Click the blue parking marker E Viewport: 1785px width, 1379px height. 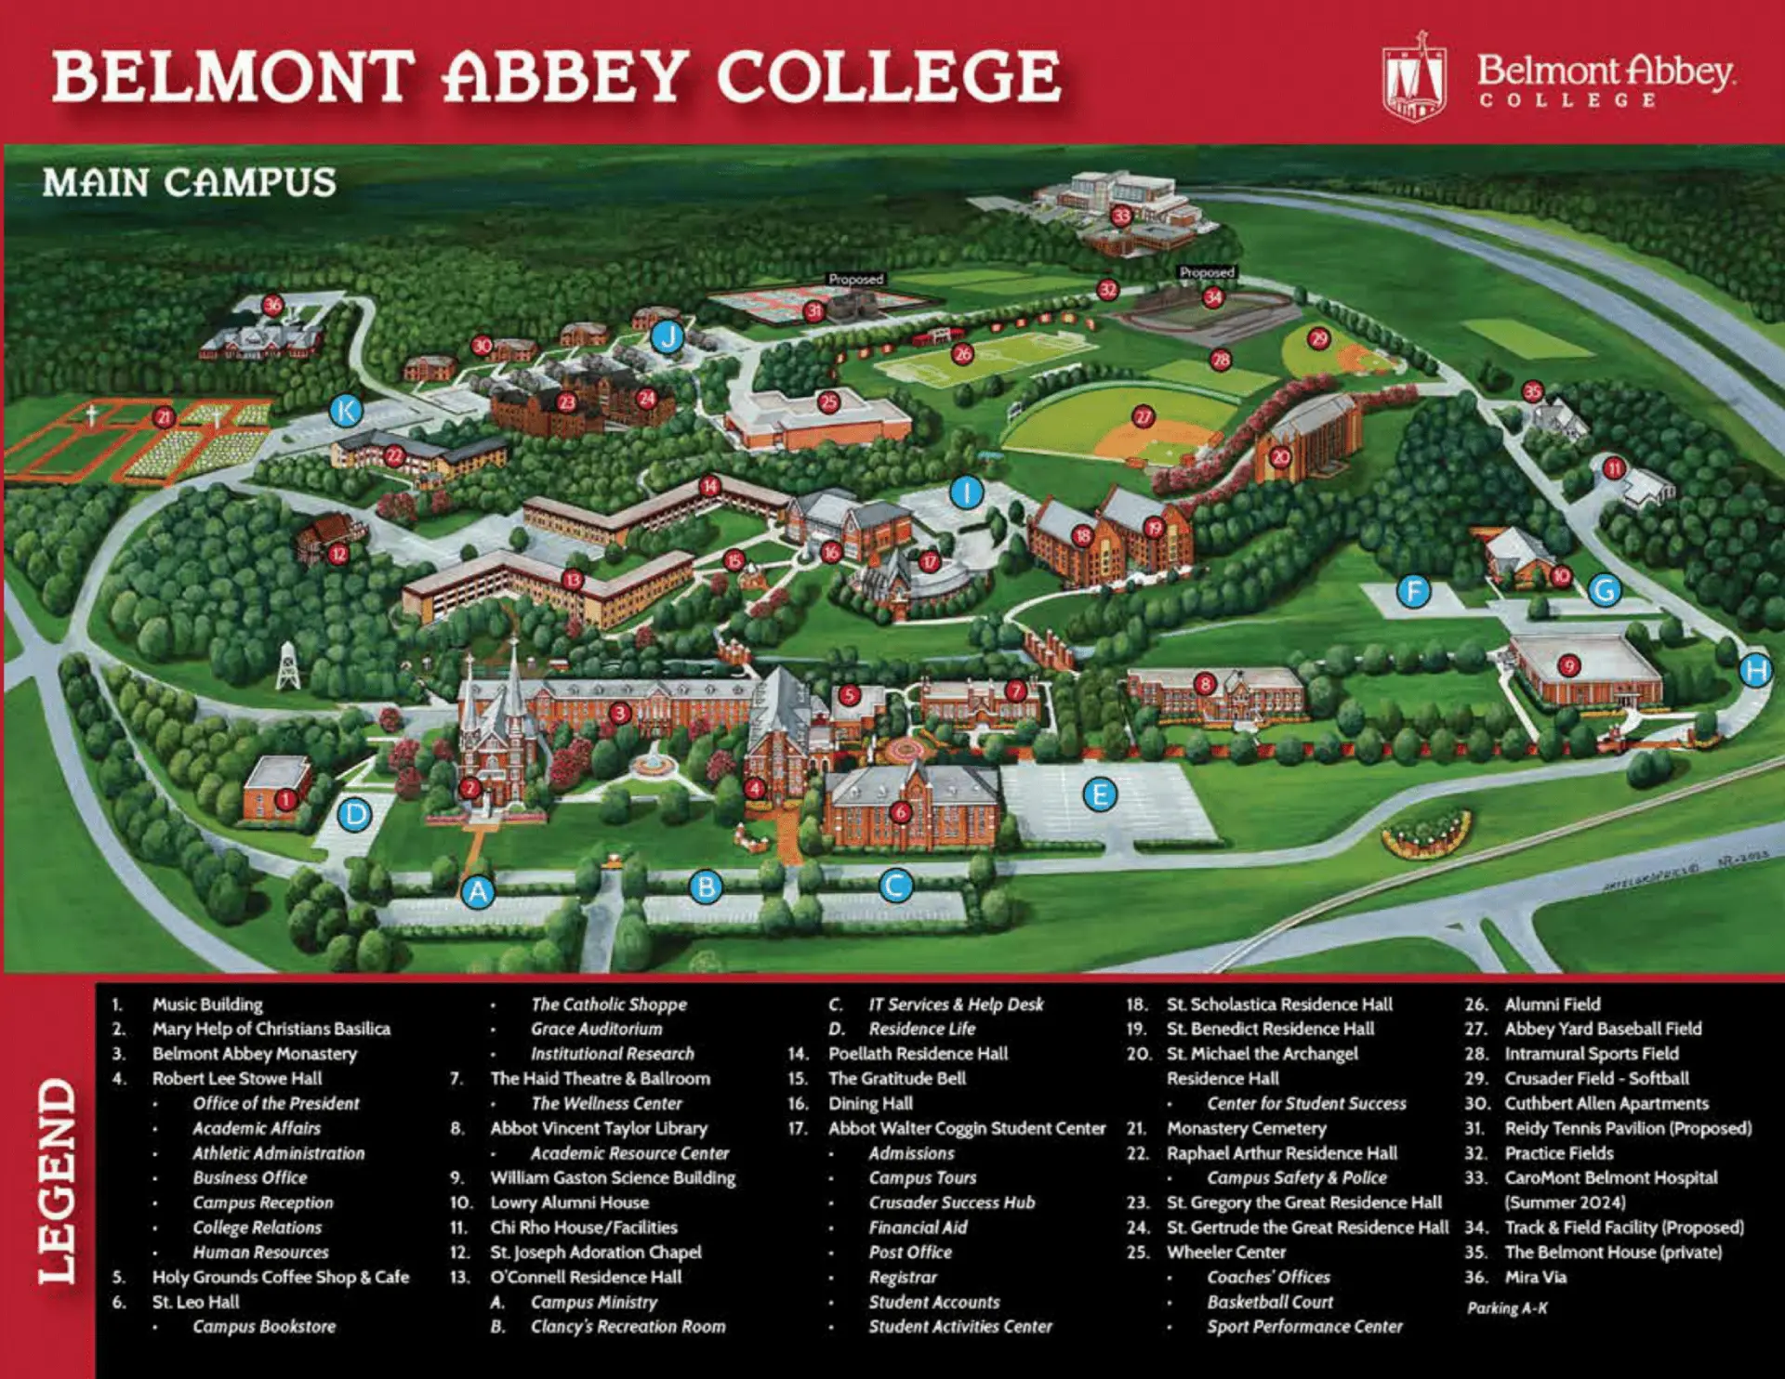1100,795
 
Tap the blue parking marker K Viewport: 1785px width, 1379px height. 346,410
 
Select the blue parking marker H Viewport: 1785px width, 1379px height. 1755,670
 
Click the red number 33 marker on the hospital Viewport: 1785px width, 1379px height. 1121,217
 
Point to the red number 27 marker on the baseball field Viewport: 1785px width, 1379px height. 1143,417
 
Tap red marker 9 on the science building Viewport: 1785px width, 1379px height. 1569,665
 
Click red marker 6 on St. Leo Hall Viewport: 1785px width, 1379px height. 899,813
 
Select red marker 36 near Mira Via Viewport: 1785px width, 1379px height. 272,305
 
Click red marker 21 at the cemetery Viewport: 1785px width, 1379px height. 165,417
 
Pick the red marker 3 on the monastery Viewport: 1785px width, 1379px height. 620,714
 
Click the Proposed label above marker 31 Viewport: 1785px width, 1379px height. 855,279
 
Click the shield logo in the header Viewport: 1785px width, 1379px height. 1414,80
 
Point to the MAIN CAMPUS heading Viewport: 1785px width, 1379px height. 190,182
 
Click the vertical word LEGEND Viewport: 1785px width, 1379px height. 57,1180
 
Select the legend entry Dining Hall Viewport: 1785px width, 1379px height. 870,1103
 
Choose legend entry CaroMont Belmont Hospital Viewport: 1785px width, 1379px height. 1610,1177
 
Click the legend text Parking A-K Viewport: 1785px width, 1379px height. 1507,1307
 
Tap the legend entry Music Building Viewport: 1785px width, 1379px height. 207,1005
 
